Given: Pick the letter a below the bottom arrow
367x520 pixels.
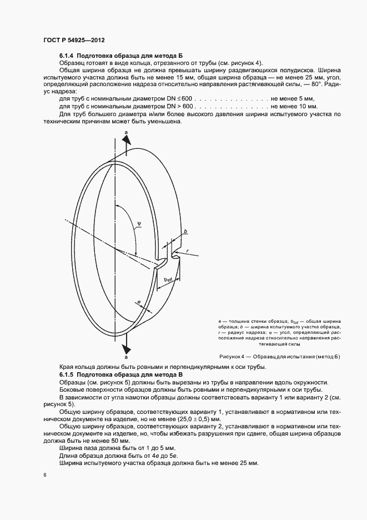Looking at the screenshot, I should [x=126, y=358].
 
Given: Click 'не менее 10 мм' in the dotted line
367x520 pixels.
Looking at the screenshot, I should [x=293, y=106].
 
